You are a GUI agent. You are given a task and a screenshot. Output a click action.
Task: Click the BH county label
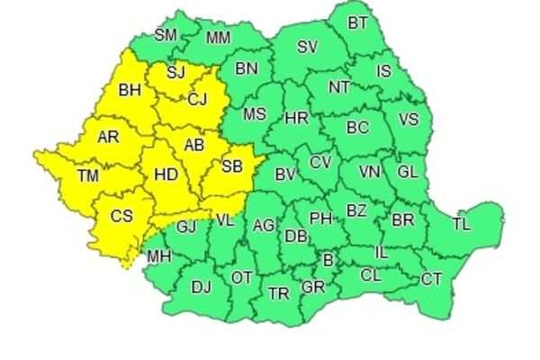point(130,90)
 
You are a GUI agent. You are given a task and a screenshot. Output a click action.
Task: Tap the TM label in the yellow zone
point(88,176)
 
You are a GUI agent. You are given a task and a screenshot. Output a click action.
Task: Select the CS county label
point(121,216)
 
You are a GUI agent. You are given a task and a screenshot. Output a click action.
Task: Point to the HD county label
point(167,177)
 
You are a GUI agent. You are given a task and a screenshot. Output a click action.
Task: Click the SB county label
point(231,166)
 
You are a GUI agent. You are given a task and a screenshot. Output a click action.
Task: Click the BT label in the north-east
point(358,22)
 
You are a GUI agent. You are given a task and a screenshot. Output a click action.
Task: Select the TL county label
point(462,223)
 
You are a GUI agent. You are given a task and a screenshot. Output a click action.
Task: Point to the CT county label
point(431,279)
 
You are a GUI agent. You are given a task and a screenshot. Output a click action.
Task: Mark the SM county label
point(165,36)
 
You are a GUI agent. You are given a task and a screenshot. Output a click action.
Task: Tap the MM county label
point(218,38)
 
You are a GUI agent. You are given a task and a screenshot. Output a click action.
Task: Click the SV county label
point(308,47)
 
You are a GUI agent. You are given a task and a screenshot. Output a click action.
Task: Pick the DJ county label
point(202,287)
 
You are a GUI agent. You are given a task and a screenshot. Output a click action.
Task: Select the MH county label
point(158,256)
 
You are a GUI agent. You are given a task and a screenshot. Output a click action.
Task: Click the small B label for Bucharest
point(328,261)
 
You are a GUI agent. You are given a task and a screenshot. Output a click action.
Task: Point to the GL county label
point(408,171)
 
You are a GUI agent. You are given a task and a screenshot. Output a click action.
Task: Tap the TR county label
point(278,292)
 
